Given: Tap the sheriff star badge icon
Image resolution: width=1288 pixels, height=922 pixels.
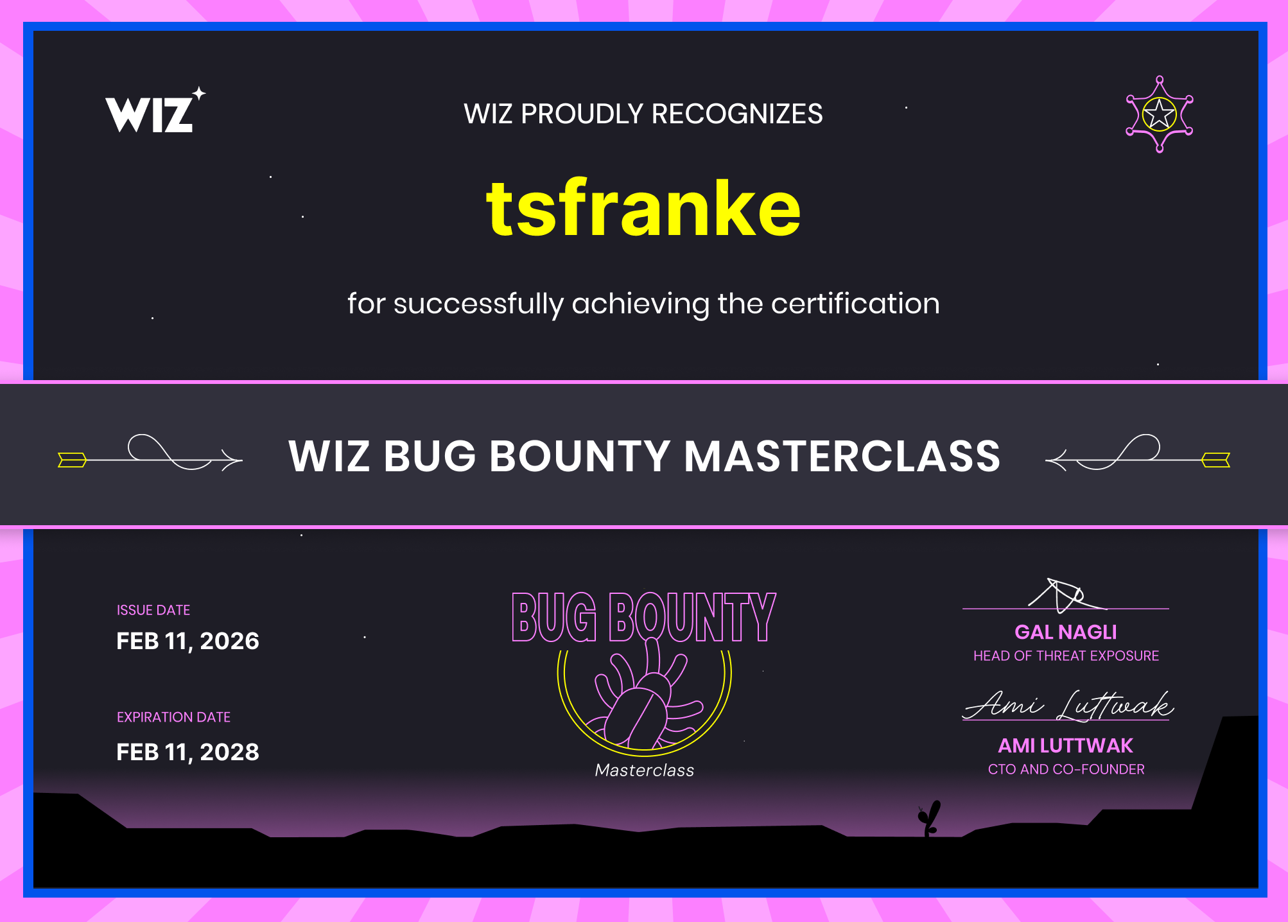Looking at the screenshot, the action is (x=1159, y=114).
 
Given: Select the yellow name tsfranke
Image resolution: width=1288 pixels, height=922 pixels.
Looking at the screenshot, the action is (x=643, y=207).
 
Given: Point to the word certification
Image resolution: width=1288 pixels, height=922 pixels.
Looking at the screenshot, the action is (x=855, y=303).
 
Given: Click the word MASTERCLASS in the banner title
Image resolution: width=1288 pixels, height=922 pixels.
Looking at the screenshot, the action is (x=842, y=456).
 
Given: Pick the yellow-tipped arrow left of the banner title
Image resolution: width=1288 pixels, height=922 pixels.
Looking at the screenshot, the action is (x=150, y=453).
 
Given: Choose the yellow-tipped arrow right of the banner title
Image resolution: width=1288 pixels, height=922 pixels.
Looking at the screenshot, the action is (x=1138, y=453).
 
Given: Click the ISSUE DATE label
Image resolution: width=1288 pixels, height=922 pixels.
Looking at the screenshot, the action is (x=153, y=610).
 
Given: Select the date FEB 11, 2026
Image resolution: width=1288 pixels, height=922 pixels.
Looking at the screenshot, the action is (x=187, y=641).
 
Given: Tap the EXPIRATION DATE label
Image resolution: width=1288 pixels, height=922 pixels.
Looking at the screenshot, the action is (x=173, y=717).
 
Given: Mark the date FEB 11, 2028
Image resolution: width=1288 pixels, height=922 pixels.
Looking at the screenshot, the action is (x=187, y=752).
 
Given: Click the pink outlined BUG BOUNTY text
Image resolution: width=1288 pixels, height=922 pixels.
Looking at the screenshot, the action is (x=644, y=617).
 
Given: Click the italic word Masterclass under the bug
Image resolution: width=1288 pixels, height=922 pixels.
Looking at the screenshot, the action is (x=645, y=770).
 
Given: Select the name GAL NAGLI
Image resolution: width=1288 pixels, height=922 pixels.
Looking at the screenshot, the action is (x=1066, y=632).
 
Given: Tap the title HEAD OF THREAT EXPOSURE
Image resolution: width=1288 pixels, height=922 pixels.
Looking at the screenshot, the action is (x=1066, y=656).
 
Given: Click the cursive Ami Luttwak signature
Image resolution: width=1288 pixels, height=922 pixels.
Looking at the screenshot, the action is (x=1068, y=705).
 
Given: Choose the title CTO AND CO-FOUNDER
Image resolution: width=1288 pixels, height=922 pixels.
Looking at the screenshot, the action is (x=1066, y=769).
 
